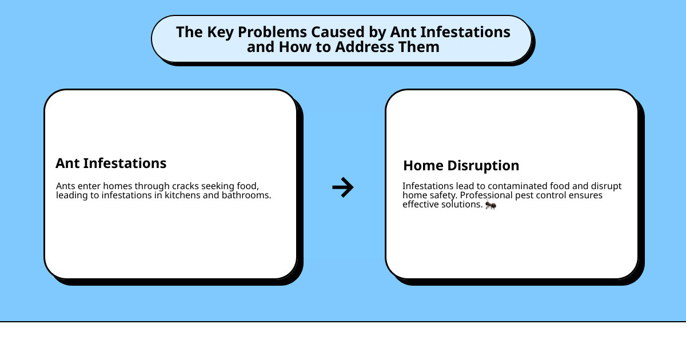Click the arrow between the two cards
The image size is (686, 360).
click(x=343, y=187)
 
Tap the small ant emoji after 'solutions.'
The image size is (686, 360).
click(x=490, y=205)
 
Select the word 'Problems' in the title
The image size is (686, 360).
click(x=268, y=32)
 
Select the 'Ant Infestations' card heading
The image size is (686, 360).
click(x=111, y=163)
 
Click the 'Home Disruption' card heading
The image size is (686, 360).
click(x=461, y=166)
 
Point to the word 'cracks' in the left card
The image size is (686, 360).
click(x=183, y=186)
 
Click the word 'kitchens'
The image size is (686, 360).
click(x=189, y=195)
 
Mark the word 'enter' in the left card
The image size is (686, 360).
click(x=88, y=186)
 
